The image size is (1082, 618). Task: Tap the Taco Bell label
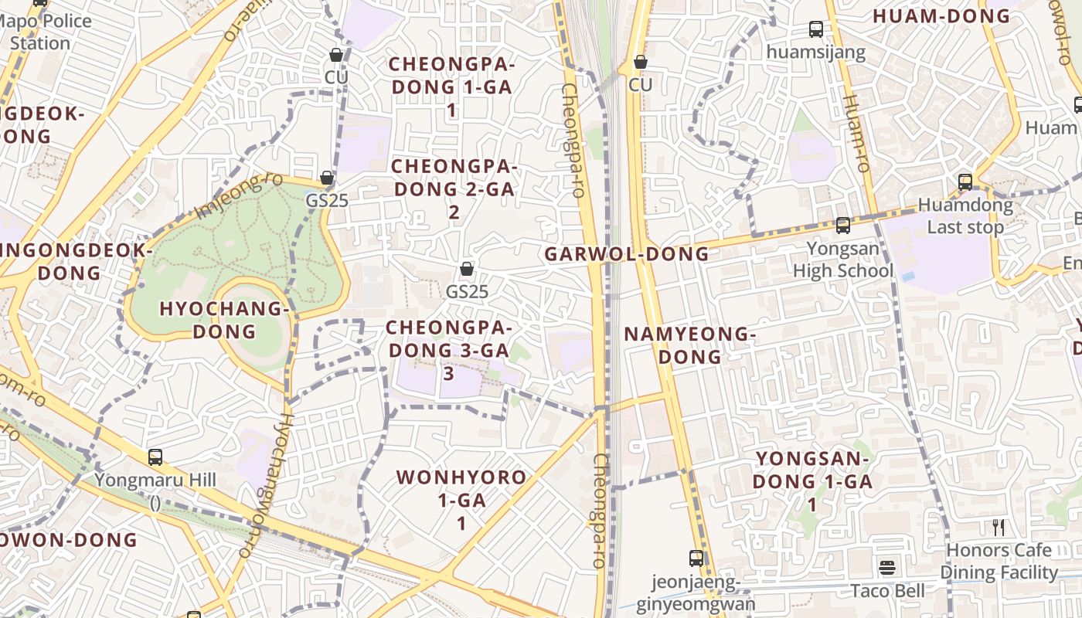[887, 591]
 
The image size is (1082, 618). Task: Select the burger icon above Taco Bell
[887, 568]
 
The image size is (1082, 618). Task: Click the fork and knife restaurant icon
[999, 528]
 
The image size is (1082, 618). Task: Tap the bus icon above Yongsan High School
[842, 226]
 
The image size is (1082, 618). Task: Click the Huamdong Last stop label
[965, 216]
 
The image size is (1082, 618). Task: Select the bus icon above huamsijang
[816, 29]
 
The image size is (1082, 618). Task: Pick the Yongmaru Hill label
[155, 480]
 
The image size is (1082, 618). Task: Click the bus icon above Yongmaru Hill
[155, 457]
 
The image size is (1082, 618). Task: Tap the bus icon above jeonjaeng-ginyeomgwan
[696, 558]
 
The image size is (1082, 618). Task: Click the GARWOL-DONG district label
[627, 253]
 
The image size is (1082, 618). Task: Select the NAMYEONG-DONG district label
[689, 345]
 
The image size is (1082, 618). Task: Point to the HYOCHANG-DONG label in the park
[224, 320]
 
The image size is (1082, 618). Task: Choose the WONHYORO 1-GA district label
[461, 500]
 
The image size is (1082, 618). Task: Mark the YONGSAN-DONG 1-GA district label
[812, 481]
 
